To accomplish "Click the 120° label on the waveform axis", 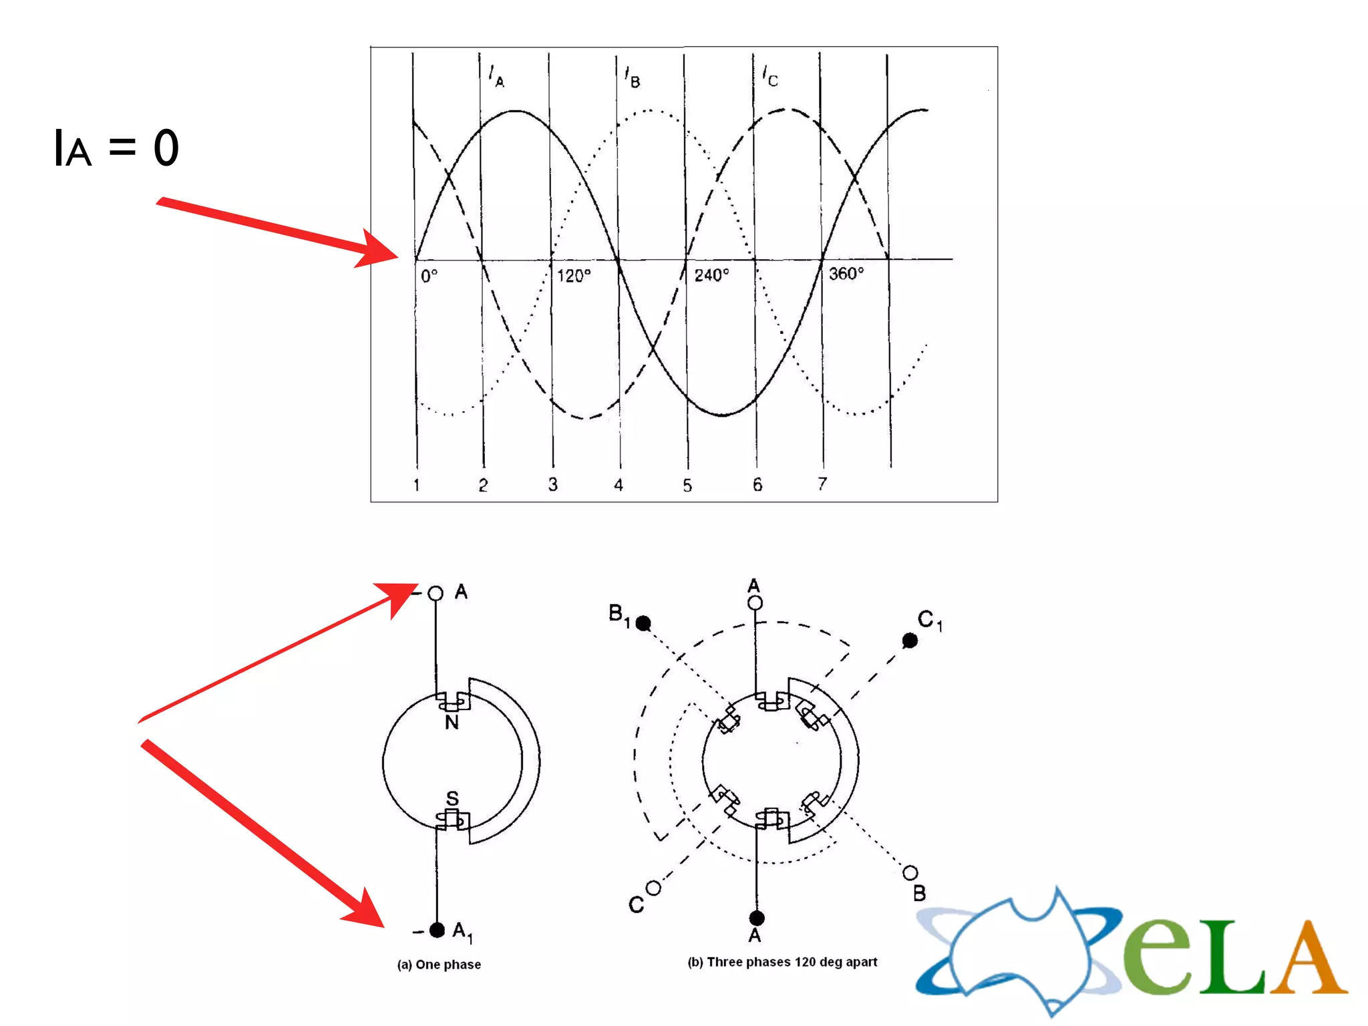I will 574,275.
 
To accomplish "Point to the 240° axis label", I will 711,275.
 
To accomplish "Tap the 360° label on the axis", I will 846,273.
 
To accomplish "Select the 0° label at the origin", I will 430,275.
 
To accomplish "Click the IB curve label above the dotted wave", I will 632,77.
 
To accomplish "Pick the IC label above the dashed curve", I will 770,76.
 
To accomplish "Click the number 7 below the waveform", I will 822,484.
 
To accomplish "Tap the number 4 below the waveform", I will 619,485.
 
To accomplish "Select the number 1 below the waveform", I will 416,485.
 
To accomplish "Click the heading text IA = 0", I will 116,148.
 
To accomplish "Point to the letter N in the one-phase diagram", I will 452,722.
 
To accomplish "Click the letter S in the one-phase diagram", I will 452,798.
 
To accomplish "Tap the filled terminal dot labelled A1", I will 437,930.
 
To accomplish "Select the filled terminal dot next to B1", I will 643,623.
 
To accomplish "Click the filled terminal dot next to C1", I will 910,641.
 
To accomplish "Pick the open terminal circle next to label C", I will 654,888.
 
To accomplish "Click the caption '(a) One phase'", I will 439,965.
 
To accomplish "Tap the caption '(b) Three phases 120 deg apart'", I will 782,962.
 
